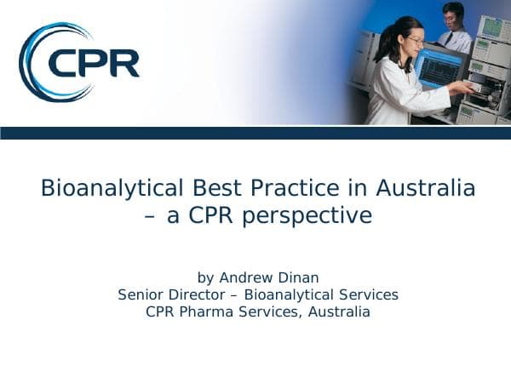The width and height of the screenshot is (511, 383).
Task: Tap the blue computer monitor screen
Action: pyautogui.click(x=439, y=68)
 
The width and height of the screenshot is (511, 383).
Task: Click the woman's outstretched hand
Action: pyautogui.click(x=464, y=88)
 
